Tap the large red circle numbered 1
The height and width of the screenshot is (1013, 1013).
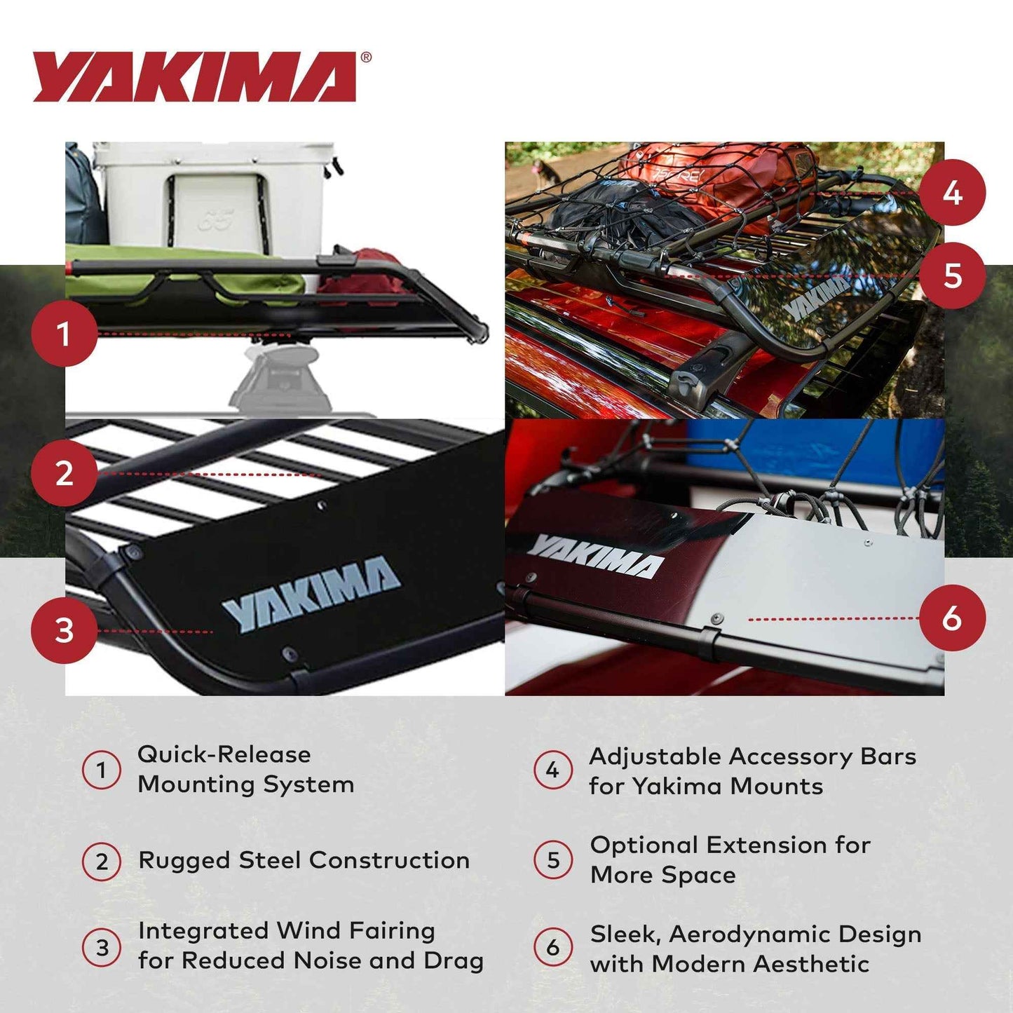64,334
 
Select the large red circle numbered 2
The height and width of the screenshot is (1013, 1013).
64,473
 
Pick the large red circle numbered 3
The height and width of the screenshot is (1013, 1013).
64,630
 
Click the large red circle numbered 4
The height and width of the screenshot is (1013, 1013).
952,193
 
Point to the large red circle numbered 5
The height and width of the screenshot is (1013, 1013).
952,276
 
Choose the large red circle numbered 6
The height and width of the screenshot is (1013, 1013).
952,618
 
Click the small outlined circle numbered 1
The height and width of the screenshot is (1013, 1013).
102,770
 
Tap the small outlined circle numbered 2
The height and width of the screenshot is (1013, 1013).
102,861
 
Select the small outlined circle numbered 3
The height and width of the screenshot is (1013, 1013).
102,948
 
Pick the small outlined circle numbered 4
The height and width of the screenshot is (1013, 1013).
552,770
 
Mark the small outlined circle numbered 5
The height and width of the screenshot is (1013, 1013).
552,859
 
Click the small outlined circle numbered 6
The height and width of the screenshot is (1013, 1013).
552,948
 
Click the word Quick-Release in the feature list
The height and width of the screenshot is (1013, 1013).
224,754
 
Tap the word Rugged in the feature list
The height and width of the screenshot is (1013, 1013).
184,861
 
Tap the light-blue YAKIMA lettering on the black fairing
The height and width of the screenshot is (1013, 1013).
311,592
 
